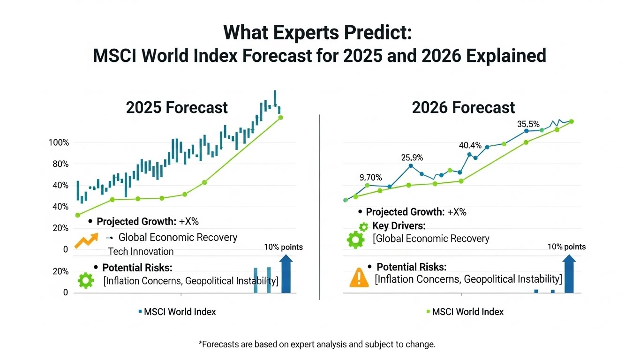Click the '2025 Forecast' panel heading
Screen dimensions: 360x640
(177, 107)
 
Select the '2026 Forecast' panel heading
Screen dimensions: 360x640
(463, 107)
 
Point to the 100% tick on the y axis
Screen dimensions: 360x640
(59, 142)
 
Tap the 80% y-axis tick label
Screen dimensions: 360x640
(60, 164)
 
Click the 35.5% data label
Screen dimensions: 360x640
(528, 124)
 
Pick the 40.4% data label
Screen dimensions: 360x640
(470, 145)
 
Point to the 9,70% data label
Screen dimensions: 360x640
(370, 178)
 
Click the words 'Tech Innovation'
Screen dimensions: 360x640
(141, 251)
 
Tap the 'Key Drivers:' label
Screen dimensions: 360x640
(399, 226)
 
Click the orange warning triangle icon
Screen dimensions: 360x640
(359, 277)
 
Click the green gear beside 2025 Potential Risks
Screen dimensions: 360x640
(85, 280)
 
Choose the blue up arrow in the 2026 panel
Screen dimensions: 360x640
(570, 274)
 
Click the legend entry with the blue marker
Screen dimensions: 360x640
(177, 312)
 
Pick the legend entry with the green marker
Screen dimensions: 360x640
(464, 312)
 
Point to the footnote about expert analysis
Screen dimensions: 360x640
(317, 345)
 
